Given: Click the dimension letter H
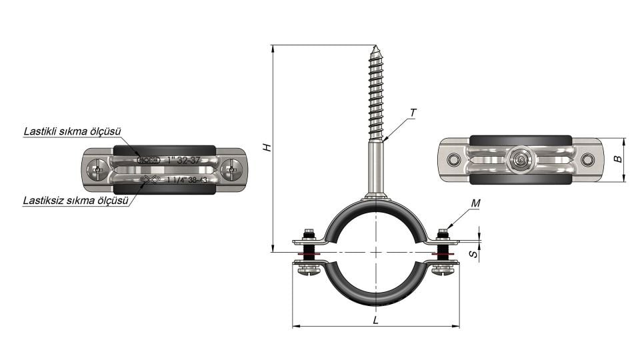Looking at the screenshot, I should pyautogui.click(x=267, y=147).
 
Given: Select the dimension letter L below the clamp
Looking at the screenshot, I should pyautogui.click(x=376, y=320).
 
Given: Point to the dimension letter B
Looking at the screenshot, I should pyautogui.click(x=618, y=159).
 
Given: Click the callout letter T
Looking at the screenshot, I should pyautogui.click(x=413, y=113).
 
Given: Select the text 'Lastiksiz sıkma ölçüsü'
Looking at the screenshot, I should pyautogui.click(x=75, y=199).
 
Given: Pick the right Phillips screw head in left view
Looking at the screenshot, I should pyautogui.click(x=231, y=170).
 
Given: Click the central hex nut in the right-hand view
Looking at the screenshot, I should pyautogui.click(x=520, y=160).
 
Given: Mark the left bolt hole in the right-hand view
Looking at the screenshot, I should pyautogui.click(x=454, y=160).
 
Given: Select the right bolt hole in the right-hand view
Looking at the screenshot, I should pyautogui.click(x=587, y=160).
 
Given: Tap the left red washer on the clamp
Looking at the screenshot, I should pyautogui.click(x=309, y=253).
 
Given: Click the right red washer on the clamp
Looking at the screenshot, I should pyautogui.click(x=441, y=253).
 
